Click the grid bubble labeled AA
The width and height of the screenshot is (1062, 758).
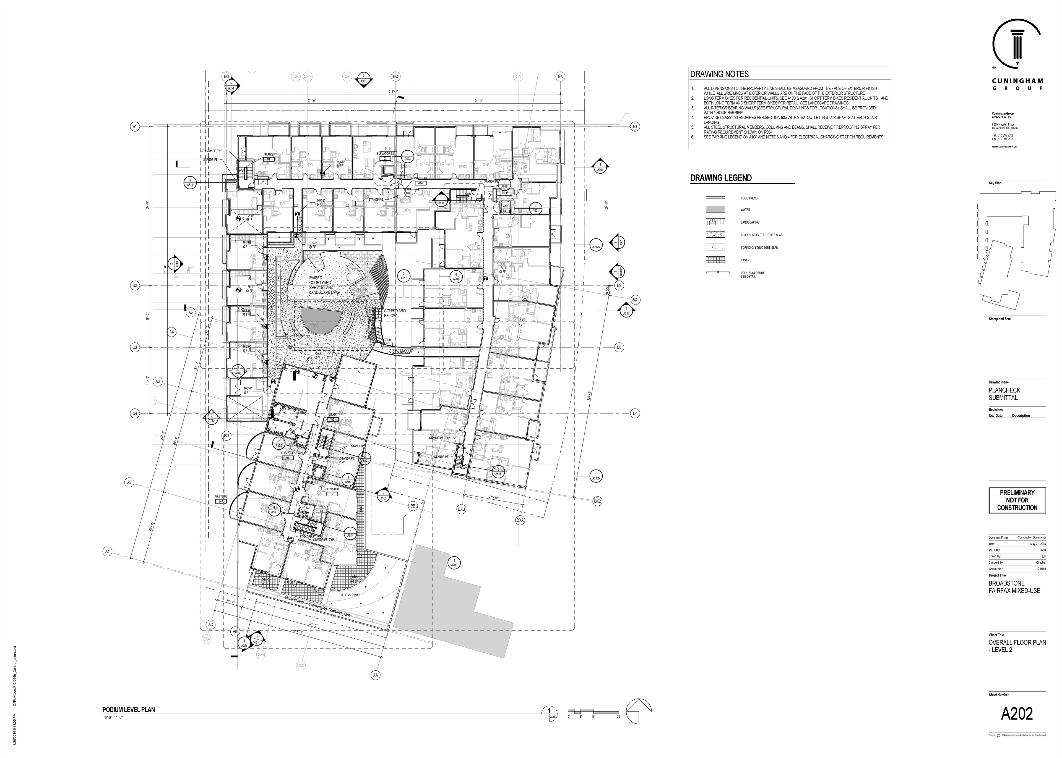375,675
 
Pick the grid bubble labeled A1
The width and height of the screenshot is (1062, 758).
107,552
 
